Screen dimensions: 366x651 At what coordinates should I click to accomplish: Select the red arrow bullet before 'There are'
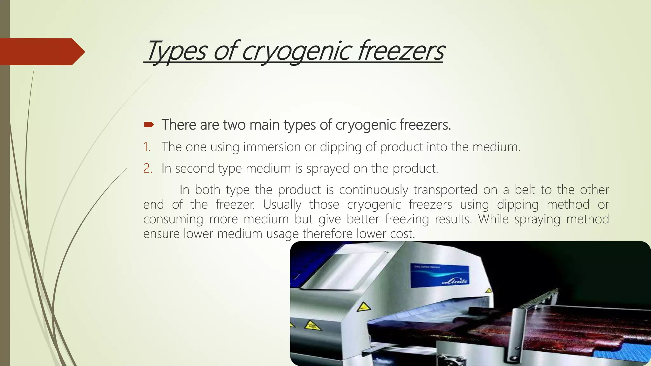pyautogui.click(x=149, y=125)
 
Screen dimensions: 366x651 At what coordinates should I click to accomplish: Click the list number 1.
pyautogui.click(x=147, y=147)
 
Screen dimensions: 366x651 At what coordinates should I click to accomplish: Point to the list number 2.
pyautogui.click(x=147, y=168)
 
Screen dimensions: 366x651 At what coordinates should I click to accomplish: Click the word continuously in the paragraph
pyautogui.click(x=373, y=190)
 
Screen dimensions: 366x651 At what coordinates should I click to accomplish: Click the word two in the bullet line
pyautogui.click(x=235, y=125)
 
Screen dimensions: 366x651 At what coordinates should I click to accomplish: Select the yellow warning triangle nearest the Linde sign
pyautogui.click(x=488, y=290)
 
